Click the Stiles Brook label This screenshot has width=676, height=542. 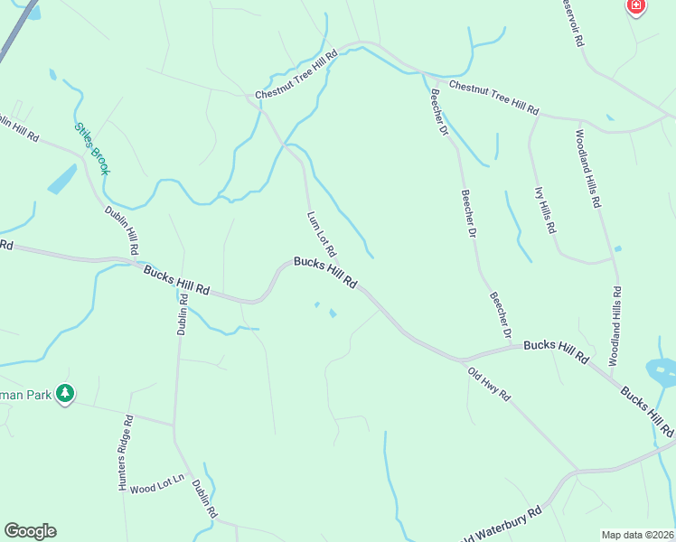[91, 148]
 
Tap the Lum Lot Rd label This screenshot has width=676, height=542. [321, 234]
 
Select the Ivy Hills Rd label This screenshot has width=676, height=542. [545, 210]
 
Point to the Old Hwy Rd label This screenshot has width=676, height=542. [489, 384]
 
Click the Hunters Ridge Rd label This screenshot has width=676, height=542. [126, 453]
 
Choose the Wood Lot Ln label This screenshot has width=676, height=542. [157, 489]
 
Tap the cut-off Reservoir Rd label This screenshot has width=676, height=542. [573, 23]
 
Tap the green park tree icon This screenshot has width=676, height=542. [64, 394]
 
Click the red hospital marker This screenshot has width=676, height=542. [636, 7]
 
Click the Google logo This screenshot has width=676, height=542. [30, 531]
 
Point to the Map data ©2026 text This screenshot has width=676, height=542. [637, 535]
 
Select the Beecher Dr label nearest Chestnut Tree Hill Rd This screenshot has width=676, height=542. [439, 113]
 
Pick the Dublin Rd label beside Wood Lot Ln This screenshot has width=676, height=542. [204, 498]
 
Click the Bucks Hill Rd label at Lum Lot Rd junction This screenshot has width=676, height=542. [325, 273]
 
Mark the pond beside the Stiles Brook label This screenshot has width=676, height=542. [61, 179]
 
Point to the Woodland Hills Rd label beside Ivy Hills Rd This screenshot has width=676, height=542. [587, 169]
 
